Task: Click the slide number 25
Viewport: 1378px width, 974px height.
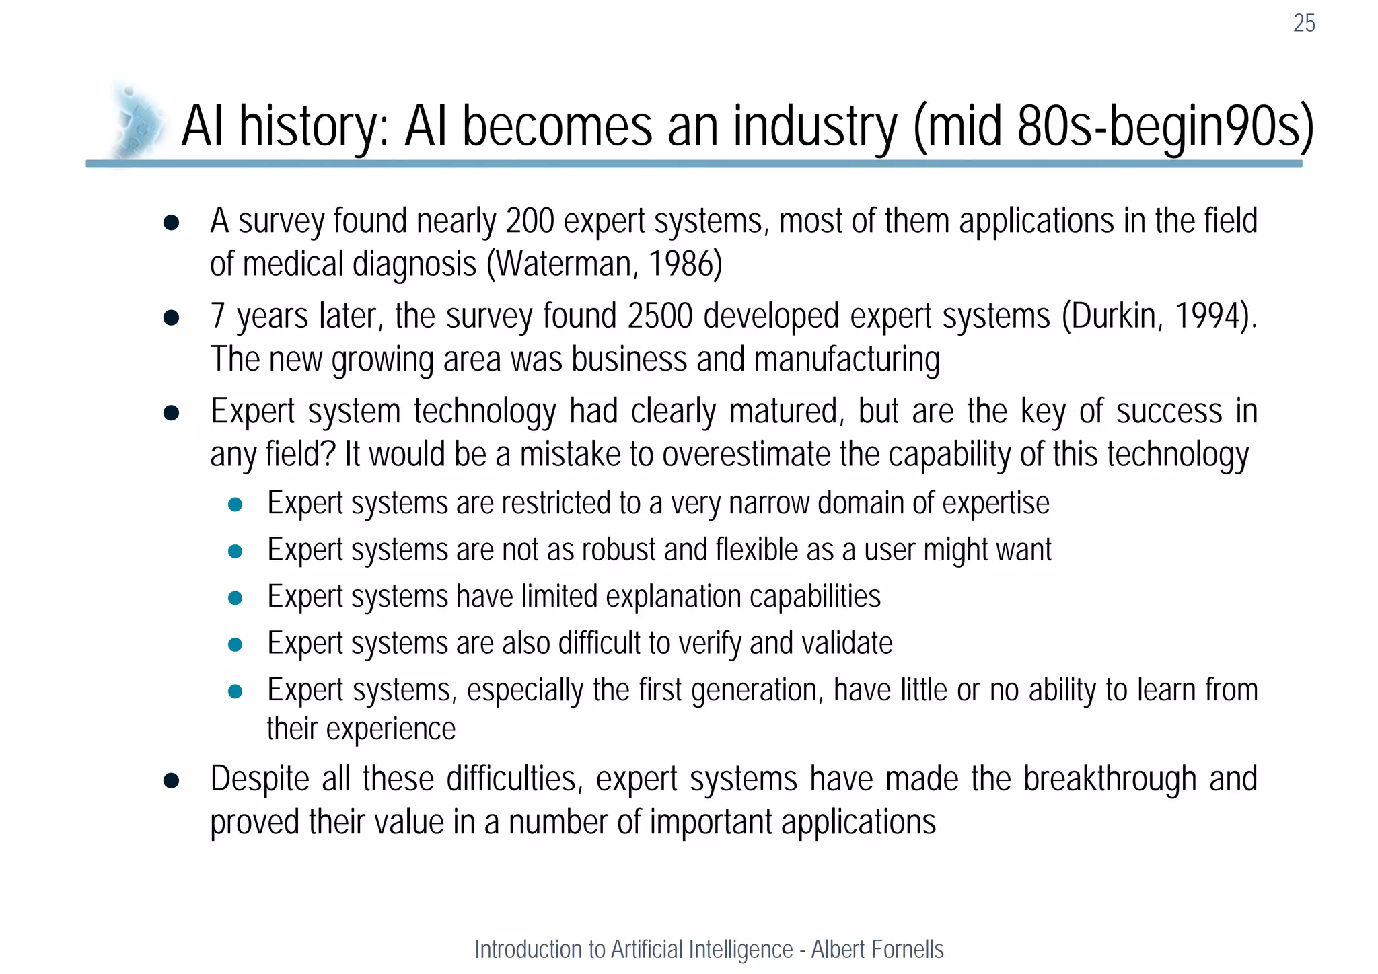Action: pos(1303,24)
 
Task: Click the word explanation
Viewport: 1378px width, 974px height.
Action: pos(674,597)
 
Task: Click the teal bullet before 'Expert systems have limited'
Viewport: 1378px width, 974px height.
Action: pos(235,598)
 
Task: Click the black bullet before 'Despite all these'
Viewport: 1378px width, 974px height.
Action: pos(171,780)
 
